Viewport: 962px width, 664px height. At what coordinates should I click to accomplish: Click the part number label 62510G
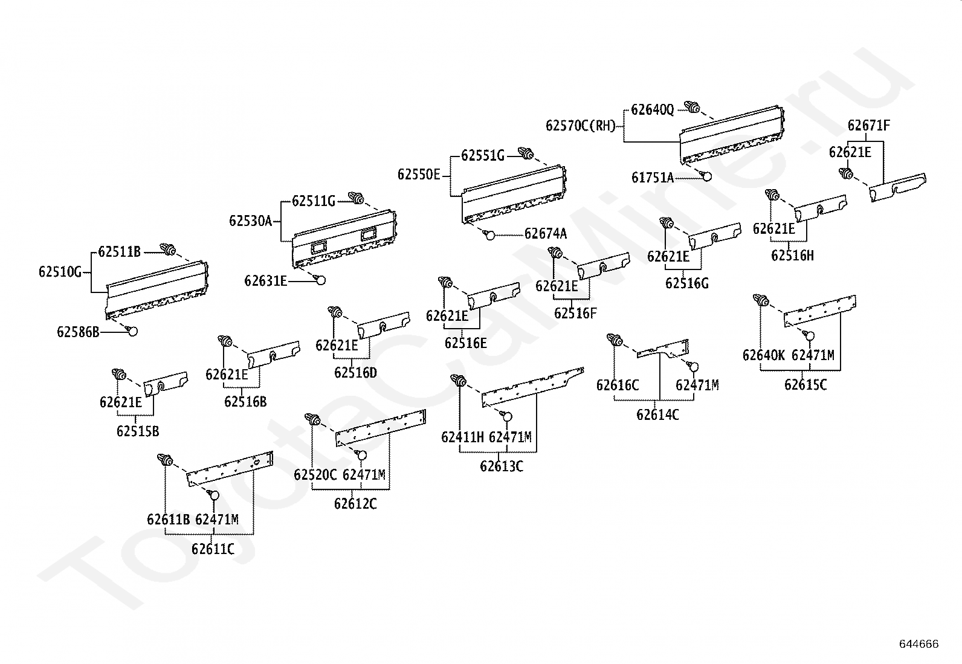[x=60, y=272]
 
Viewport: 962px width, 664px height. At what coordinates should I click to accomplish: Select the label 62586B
[x=78, y=332]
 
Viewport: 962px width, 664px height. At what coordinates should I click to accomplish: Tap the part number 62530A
[x=250, y=221]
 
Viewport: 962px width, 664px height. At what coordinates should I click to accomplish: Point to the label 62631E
[x=265, y=281]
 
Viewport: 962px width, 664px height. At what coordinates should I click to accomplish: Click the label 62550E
[x=419, y=175]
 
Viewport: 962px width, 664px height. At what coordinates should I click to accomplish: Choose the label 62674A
[x=546, y=234]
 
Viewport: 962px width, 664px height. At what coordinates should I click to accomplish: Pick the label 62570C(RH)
[x=581, y=126]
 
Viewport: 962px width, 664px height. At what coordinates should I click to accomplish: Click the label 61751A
[x=653, y=178]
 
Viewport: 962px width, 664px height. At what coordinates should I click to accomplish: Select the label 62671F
[x=869, y=126]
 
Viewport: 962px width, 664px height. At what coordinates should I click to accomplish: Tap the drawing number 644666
[x=919, y=644]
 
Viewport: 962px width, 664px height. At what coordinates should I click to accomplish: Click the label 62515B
[x=138, y=431]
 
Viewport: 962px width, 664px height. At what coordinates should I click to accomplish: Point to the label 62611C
[x=213, y=549]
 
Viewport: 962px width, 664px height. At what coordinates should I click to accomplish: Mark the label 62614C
[x=657, y=415]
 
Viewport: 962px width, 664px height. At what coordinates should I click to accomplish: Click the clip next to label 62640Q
[x=692, y=107]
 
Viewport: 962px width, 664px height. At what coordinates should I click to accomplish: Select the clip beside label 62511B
[x=168, y=249]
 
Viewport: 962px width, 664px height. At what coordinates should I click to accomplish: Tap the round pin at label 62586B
[x=132, y=330]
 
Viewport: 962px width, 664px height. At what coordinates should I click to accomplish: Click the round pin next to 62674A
[x=489, y=235]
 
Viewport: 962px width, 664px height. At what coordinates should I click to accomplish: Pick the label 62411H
[x=462, y=437]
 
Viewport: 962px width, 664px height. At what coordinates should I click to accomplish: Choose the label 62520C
[x=315, y=475]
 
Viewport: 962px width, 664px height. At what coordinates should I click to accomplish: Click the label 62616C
[x=618, y=385]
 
